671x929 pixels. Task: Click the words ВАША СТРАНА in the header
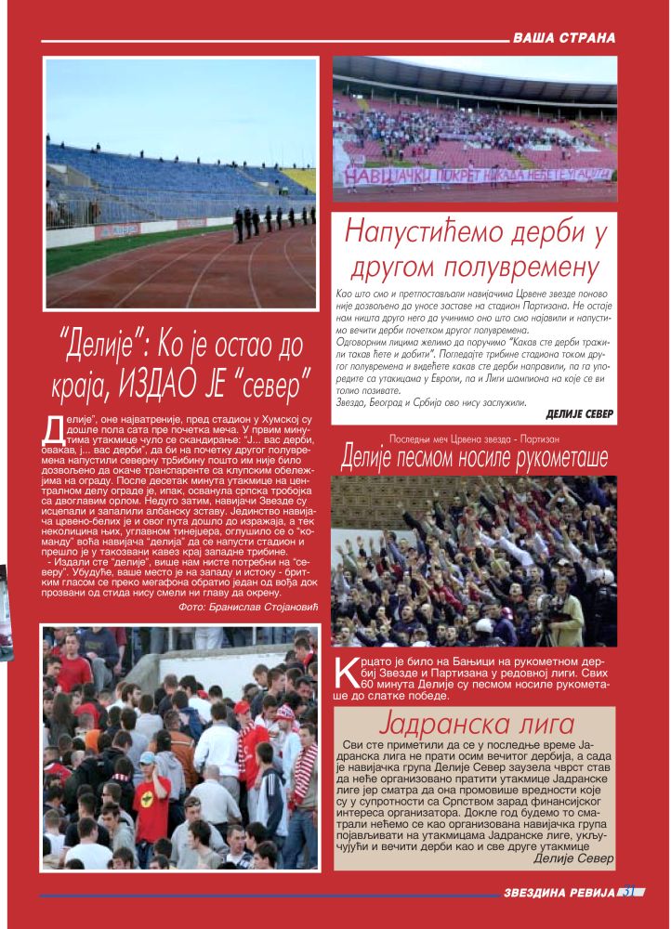(564, 38)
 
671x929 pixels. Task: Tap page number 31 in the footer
(629, 893)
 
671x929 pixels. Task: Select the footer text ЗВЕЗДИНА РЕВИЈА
(560, 893)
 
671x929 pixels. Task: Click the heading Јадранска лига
(474, 725)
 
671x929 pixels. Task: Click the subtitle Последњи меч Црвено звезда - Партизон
(474, 436)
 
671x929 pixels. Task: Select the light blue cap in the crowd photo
(147, 758)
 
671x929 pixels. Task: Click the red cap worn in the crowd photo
(243, 708)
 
